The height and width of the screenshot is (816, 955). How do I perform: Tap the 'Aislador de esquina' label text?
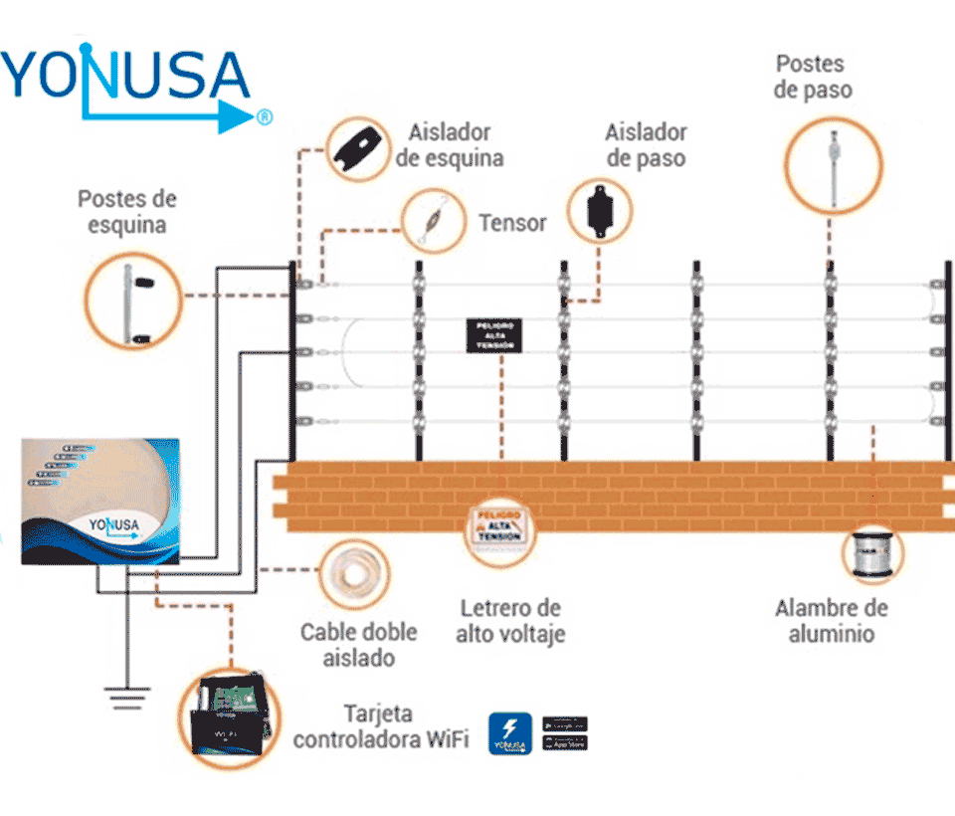[450, 145]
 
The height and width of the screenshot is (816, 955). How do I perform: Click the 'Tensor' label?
[512, 223]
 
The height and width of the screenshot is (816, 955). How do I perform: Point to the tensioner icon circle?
[434, 221]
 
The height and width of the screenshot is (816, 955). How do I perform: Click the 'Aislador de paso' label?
[646, 145]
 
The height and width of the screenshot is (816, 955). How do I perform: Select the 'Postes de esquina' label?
[126, 211]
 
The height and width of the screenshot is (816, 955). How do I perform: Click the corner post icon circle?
[132, 297]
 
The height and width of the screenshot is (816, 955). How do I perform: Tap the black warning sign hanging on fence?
[493, 335]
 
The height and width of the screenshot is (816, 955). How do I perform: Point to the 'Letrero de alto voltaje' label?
[510, 621]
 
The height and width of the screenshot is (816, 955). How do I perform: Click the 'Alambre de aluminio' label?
[832, 621]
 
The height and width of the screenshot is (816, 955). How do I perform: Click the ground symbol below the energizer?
[126, 697]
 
